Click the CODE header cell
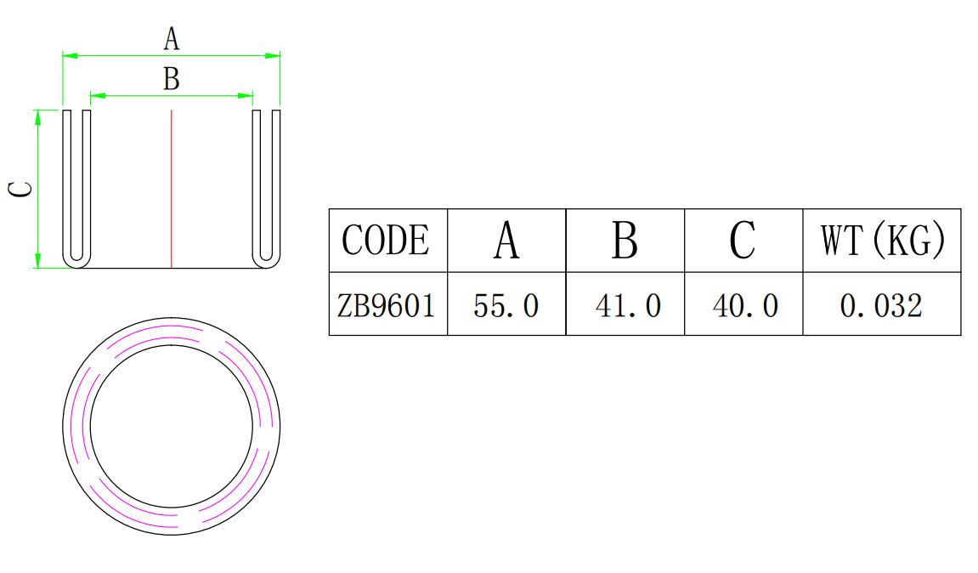[387, 241]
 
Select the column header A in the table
[506, 241]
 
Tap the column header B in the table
[625, 241]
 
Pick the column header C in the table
[743, 241]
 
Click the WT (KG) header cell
[882, 241]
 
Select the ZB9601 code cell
[387, 304]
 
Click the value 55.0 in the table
[506, 304]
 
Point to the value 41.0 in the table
[625, 304]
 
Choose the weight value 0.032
[882, 304]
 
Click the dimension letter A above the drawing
[172, 38]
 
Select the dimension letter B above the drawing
[172, 79]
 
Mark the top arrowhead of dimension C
[37, 116]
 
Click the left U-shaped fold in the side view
[76, 187]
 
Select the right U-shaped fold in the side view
[266, 187]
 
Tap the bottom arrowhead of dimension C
[37, 261]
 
